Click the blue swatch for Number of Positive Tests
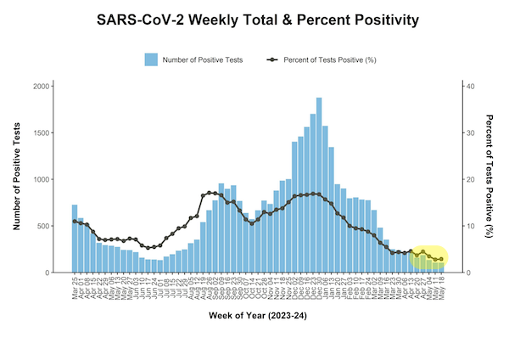pyautogui.click(x=151, y=59)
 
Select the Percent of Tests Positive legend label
pyautogui.click(x=328, y=59)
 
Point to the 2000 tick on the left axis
pyautogui.click(x=40, y=87)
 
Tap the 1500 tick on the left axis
pyautogui.click(x=40, y=133)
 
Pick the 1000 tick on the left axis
pyautogui.click(x=40, y=180)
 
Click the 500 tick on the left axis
pyautogui.click(x=42, y=227)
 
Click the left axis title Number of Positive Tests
pyautogui.click(x=16, y=177)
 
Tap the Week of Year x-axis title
pyautogui.click(x=257, y=317)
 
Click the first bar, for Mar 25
pyautogui.click(x=75, y=239)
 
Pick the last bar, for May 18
pyautogui.click(x=441, y=267)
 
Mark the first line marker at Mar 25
pyautogui.click(x=75, y=221)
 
